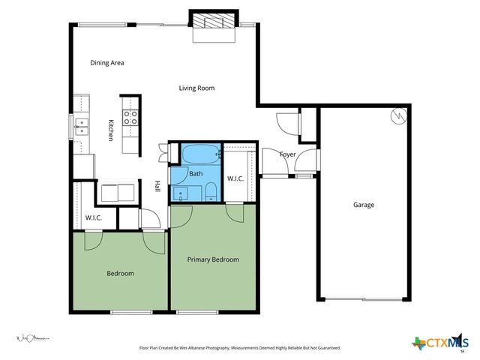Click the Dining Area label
106,63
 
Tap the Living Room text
196,88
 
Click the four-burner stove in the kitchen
130,117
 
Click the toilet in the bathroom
211,189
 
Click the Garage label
364,205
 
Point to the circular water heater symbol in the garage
398,116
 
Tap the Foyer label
288,155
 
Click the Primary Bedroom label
213,259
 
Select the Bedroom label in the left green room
119,274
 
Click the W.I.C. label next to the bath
236,178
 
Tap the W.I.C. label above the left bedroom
93,217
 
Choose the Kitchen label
110,130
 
